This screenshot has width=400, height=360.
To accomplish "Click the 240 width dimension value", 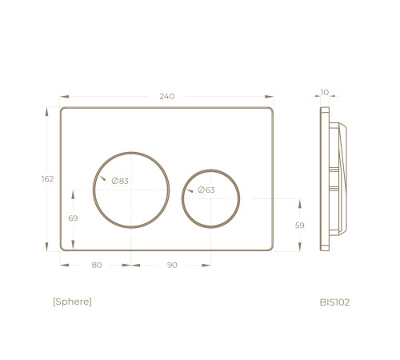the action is (167, 96).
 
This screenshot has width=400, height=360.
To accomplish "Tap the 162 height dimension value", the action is (47, 179).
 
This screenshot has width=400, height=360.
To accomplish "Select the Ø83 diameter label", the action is (120, 181).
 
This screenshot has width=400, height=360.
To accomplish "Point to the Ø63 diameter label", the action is (206, 190).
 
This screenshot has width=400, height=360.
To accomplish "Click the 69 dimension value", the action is (73, 218).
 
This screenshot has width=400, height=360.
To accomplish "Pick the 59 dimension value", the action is (300, 226).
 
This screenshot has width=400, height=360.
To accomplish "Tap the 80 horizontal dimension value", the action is (97, 265).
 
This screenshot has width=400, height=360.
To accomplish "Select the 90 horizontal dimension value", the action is (172, 265).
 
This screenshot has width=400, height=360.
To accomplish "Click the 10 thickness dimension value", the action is (325, 93).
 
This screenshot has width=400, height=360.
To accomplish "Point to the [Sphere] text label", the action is (72, 302).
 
